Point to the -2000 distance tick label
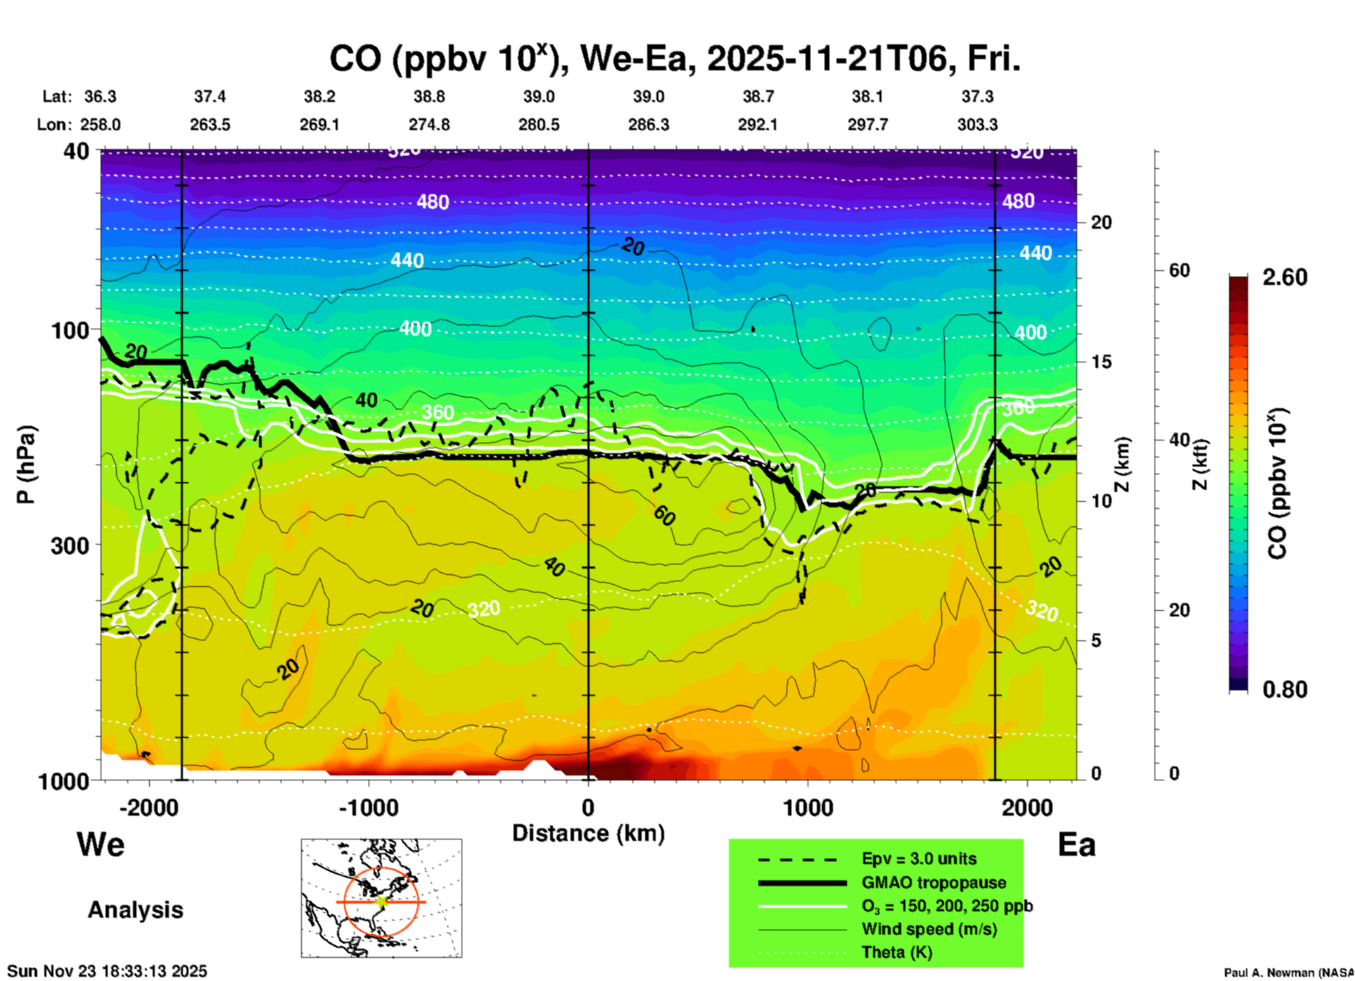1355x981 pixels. click(x=148, y=807)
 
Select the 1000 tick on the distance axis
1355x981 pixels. click(x=808, y=807)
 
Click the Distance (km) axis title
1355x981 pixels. click(x=588, y=833)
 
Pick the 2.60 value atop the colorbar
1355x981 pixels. click(x=1285, y=277)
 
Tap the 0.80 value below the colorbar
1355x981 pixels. click(x=1285, y=690)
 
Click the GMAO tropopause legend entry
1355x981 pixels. click(x=934, y=882)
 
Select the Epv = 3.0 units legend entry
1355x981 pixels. click(x=919, y=859)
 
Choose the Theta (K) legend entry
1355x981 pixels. click(x=896, y=952)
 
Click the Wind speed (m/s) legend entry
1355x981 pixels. click(x=929, y=929)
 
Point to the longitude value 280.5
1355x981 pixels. click(x=539, y=125)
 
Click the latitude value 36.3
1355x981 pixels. click(x=101, y=96)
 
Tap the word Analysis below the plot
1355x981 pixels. click(x=135, y=910)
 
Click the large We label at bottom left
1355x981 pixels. click(x=101, y=844)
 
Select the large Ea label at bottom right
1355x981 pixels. click(x=1076, y=844)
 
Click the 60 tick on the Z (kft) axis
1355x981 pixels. click(x=1179, y=270)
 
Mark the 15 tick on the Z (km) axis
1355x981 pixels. click(x=1101, y=362)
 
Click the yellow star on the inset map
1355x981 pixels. click(x=381, y=901)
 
